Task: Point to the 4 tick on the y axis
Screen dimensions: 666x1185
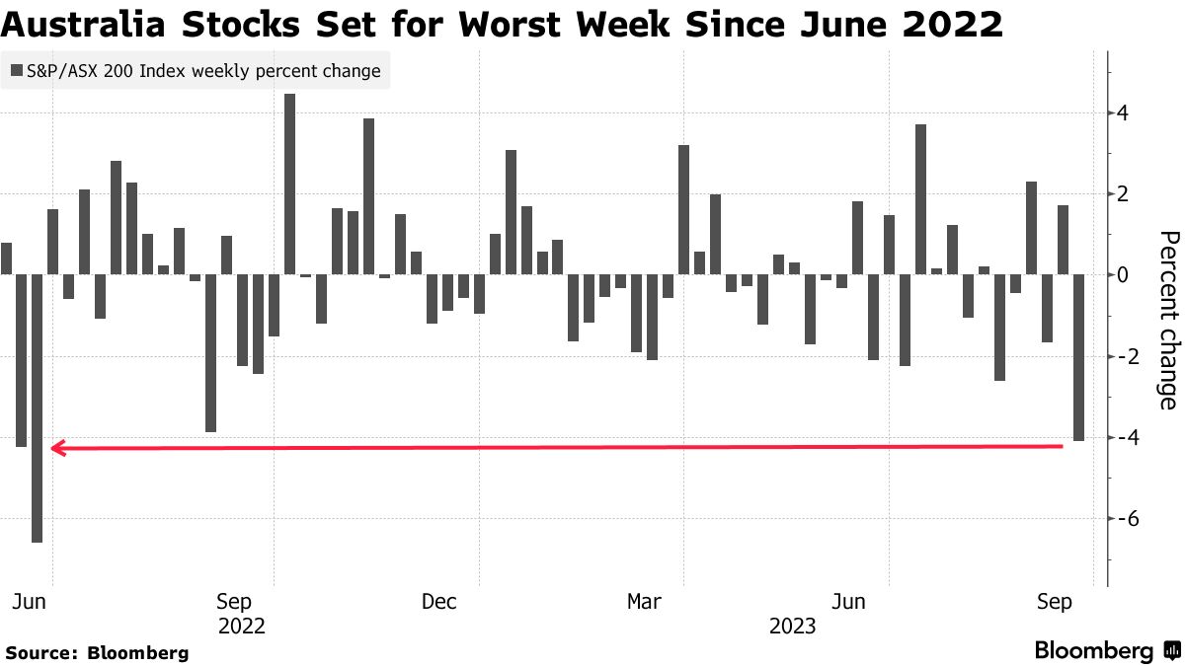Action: coord(1123,113)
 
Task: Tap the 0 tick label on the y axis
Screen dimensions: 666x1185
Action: coord(1123,275)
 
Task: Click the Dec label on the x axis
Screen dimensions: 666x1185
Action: coord(438,602)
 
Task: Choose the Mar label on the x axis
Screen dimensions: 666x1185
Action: coord(644,602)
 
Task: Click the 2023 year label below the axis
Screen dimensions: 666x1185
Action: coord(792,627)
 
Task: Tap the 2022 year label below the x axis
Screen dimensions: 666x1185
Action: coord(242,627)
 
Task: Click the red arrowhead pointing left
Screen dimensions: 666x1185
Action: coord(57,449)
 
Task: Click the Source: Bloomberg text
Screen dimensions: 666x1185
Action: coord(97,653)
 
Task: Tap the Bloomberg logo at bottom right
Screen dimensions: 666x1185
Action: coord(1106,651)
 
